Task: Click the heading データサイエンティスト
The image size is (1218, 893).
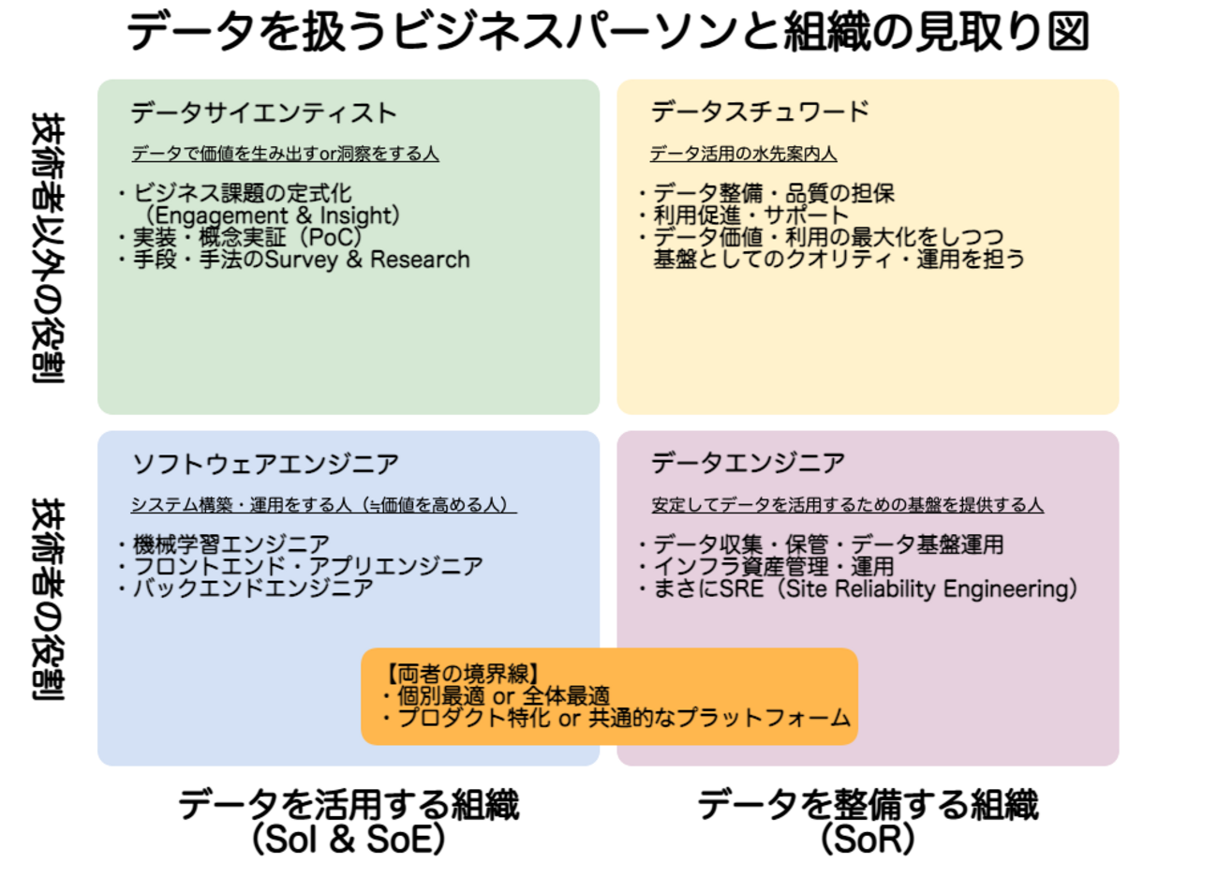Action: (x=263, y=113)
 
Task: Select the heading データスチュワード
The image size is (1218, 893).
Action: (x=760, y=112)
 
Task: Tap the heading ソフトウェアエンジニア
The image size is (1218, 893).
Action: (x=265, y=464)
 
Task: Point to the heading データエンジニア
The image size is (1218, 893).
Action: (x=748, y=463)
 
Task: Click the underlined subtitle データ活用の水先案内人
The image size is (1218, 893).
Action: (x=743, y=154)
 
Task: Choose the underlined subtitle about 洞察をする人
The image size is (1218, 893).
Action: (x=285, y=154)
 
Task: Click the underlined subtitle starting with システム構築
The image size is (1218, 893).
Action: (x=323, y=505)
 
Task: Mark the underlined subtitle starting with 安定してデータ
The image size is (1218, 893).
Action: (x=847, y=505)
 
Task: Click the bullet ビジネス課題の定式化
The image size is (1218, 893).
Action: (x=242, y=193)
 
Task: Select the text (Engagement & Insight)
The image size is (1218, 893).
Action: (x=273, y=216)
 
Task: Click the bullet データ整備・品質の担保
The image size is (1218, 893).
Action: (x=773, y=193)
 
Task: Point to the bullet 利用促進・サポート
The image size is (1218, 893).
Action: (x=750, y=216)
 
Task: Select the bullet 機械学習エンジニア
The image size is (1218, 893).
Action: (x=230, y=544)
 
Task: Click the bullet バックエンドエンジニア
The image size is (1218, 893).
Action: (x=252, y=588)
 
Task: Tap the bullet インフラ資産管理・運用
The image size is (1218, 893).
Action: (x=773, y=566)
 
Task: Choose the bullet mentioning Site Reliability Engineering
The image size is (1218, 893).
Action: (x=864, y=588)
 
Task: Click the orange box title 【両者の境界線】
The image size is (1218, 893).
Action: (x=462, y=674)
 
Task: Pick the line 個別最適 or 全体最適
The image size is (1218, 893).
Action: (x=503, y=695)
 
